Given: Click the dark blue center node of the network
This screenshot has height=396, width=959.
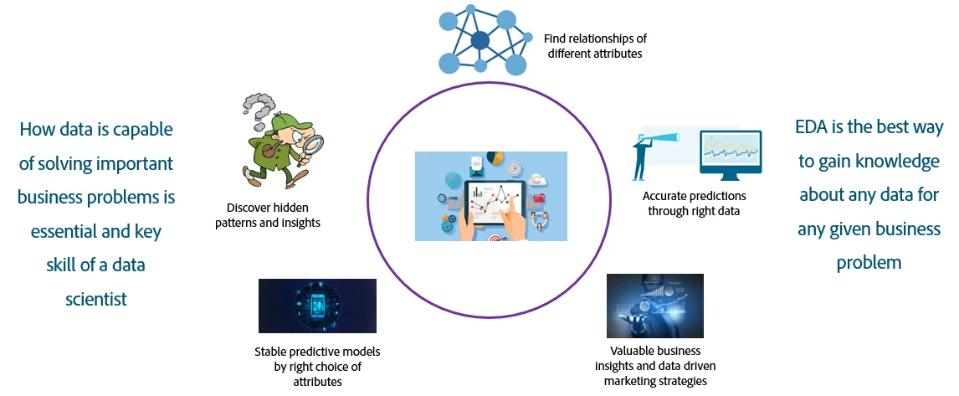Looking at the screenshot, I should click(x=479, y=39).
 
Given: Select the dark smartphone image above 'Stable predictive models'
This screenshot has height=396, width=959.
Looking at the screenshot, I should click(x=317, y=306).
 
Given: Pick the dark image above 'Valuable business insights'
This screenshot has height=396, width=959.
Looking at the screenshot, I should click(x=654, y=306).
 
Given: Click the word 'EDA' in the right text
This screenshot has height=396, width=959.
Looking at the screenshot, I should click(x=813, y=128).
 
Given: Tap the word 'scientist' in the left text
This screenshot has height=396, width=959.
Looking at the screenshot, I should click(x=96, y=299).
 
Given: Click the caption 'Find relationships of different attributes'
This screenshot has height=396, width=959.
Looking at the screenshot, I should click(x=595, y=46).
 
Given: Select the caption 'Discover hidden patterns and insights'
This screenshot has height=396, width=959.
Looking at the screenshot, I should click(x=273, y=215).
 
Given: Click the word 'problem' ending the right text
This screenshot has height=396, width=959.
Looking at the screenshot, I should click(x=869, y=262).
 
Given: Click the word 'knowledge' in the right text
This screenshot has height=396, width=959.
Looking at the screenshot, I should click(x=900, y=162).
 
